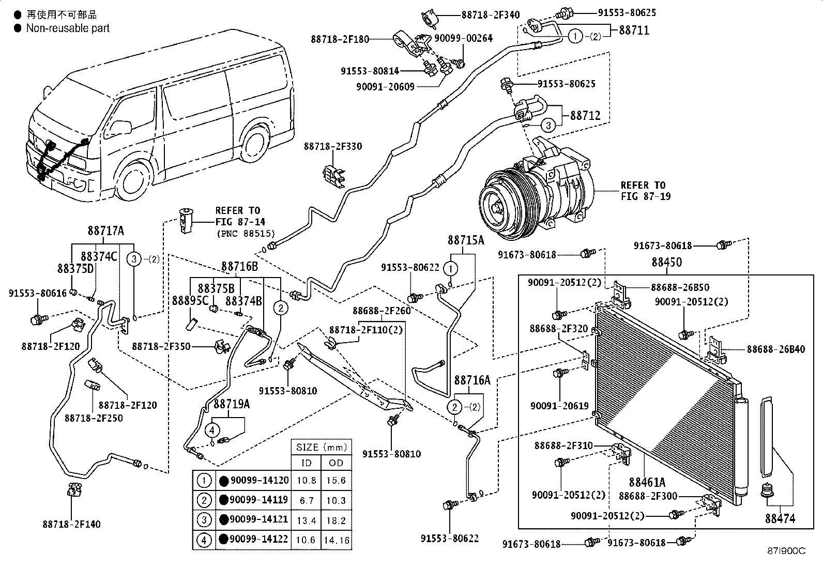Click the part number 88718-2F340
click(x=491, y=15)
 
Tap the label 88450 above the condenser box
click(x=667, y=262)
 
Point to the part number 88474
click(x=780, y=518)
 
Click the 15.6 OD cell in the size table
click(x=336, y=480)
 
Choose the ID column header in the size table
click(x=306, y=463)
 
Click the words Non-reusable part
click(x=68, y=28)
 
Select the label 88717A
click(x=106, y=231)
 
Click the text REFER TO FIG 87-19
click(x=646, y=191)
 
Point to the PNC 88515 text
click(x=246, y=233)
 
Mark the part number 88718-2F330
click(x=333, y=146)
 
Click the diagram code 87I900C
click(x=786, y=551)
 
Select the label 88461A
click(x=647, y=482)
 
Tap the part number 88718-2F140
click(x=72, y=524)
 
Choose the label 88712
click(x=585, y=116)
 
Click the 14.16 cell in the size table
click(x=337, y=540)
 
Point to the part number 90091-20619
click(x=559, y=406)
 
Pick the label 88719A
click(x=232, y=404)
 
